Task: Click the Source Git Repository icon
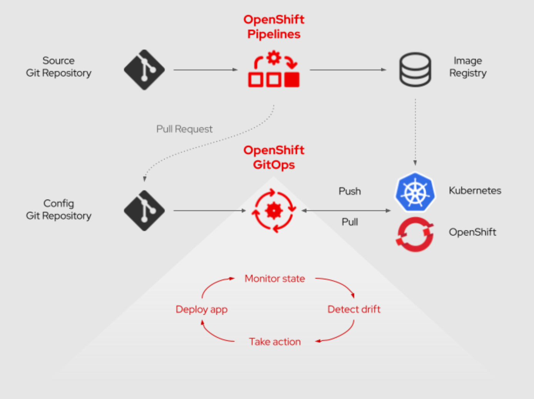(x=144, y=70)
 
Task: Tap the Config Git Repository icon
(x=144, y=211)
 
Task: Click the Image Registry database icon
(x=415, y=70)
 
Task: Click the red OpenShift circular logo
(x=415, y=234)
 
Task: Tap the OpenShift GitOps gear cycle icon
(x=274, y=211)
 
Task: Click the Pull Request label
(x=184, y=129)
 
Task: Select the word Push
(x=350, y=191)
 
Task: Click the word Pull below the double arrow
(x=350, y=222)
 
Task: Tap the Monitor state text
(x=275, y=278)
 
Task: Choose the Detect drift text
(x=354, y=309)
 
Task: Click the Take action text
(x=275, y=342)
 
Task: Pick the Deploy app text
(x=201, y=309)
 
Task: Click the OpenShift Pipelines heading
(x=274, y=27)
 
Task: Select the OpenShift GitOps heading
(x=274, y=157)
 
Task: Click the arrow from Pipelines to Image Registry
(x=348, y=70)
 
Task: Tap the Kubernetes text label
(x=475, y=191)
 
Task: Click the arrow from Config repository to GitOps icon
(x=209, y=211)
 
